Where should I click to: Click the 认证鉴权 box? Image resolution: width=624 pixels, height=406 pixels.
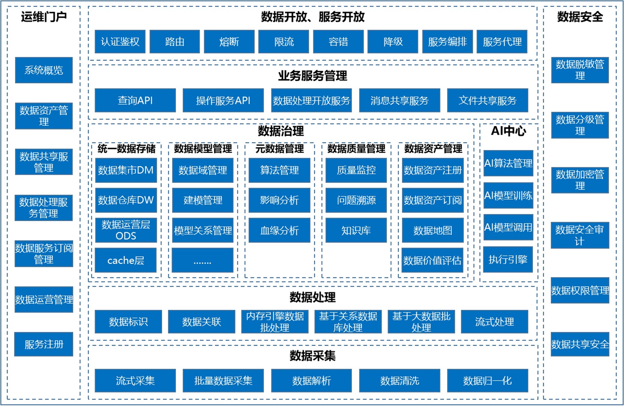coord(120,42)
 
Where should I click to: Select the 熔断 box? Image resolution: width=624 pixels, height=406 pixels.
coord(229,42)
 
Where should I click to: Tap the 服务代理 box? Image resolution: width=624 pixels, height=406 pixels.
coord(502,42)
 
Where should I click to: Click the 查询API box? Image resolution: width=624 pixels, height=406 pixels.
coord(135,101)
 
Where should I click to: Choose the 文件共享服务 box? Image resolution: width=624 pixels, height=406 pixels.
coord(487,101)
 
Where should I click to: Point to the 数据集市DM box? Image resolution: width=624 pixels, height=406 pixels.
coord(126,170)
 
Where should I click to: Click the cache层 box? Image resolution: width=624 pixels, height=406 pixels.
coord(126,260)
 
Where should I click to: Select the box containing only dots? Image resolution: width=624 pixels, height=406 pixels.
coord(202,260)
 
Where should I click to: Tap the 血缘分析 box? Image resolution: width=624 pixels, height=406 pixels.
coord(279,230)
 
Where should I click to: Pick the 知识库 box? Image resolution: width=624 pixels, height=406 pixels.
coord(356,230)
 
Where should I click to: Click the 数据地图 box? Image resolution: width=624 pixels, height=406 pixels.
coord(433,230)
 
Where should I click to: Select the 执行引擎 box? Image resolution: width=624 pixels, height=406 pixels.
coord(508,259)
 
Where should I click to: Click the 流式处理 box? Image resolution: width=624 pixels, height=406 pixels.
coord(494,322)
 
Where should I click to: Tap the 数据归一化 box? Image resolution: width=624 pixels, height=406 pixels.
coord(487,381)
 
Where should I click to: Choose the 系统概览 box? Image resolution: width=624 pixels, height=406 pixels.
coord(44,70)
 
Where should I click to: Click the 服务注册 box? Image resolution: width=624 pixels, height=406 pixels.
coord(44,344)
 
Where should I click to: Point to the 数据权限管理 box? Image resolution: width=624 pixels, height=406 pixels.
coord(580,290)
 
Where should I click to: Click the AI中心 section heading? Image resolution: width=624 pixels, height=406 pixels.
coord(508,131)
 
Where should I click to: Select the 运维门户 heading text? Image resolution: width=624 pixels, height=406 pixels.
coord(44,17)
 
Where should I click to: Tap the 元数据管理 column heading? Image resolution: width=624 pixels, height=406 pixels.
coord(280,149)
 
